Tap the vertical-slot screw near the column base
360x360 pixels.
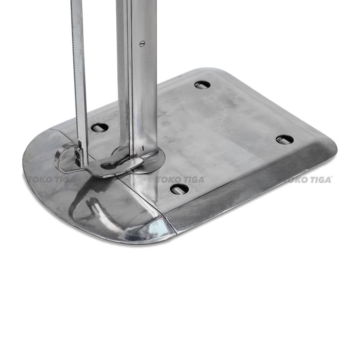143,148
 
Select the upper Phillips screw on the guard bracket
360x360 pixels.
79,152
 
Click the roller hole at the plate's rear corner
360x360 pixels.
202,85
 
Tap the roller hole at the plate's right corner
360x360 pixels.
284,139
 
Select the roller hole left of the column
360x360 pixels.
99,127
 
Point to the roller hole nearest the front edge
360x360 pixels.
179,189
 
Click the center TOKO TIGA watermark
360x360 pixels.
180,180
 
